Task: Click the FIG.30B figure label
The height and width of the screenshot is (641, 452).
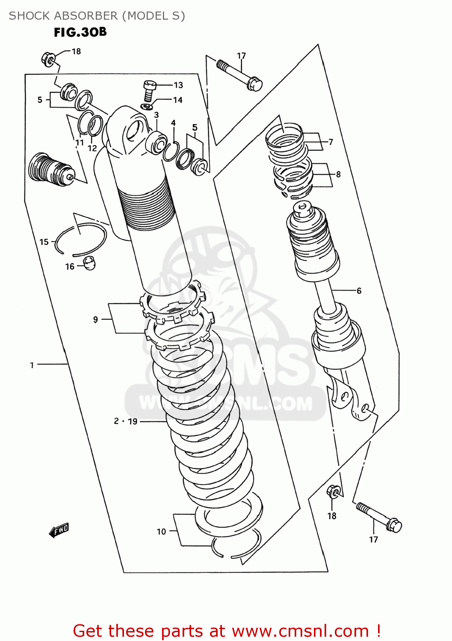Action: pyautogui.click(x=80, y=32)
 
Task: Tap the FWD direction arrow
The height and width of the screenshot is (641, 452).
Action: pyautogui.click(x=59, y=530)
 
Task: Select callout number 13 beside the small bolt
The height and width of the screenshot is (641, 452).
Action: pyautogui.click(x=178, y=85)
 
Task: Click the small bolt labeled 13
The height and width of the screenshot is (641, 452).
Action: pyautogui.click(x=149, y=90)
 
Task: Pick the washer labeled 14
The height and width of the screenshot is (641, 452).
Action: pyautogui.click(x=146, y=106)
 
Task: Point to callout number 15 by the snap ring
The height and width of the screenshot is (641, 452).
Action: pyautogui.click(x=44, y=242)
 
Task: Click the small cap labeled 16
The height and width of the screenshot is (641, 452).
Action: pyautogui.click(x=89, y=263)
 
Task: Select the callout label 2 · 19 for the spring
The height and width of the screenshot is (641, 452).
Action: pyautogui.click(x=126, y=421)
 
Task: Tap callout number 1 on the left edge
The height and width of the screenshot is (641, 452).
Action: pyautogui.click(x=32, y=365)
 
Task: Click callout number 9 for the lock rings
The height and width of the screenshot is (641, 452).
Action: pyautogui.click(x=95, y=319)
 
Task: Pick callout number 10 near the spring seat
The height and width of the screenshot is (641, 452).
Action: pyautogui.click(x=161, y=531)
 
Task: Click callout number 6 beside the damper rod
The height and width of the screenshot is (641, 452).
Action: pyautogui.click(x=359, y=291)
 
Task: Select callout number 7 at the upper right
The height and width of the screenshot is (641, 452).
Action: pyautogui.click(x=331, y=142)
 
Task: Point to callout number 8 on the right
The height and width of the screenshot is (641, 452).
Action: pyautogui.click(x=338, y=174)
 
